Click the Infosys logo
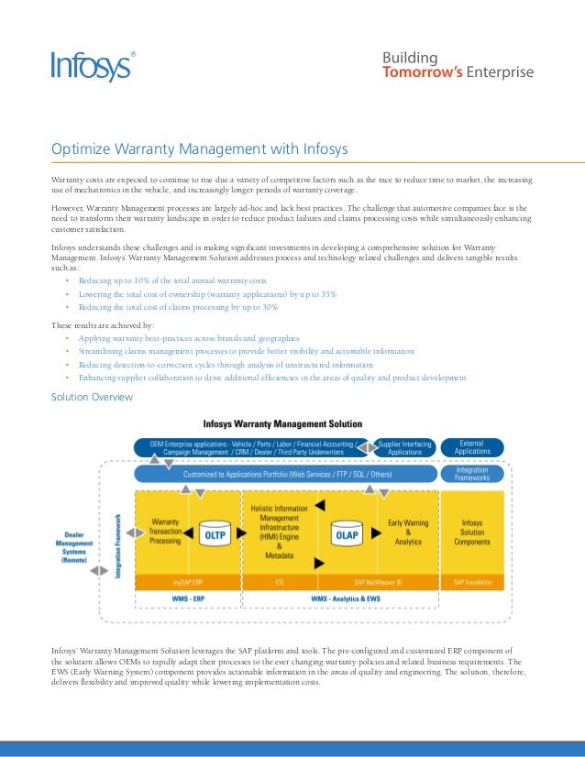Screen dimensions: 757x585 tap(90, 66)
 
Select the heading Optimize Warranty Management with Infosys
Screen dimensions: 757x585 tap(199, 149)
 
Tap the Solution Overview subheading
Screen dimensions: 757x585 tap(92, 397)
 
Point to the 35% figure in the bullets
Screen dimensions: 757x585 tap(326, 293)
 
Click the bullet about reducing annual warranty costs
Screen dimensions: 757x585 tap(172, 280)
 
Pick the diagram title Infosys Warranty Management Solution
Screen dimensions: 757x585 tap(282, 424)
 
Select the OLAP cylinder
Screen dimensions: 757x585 tap(347, 533)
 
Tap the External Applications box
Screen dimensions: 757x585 tap(473, 447)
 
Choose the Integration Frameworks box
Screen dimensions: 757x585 tap(473, 474)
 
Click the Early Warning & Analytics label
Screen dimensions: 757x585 tap(408, 532)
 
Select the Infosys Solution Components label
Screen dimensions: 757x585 tap(473, 532)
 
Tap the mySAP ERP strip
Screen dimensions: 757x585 tap(188, 582)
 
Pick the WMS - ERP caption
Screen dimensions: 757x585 tap(188, 598)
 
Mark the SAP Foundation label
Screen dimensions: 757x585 tap(473, 582)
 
